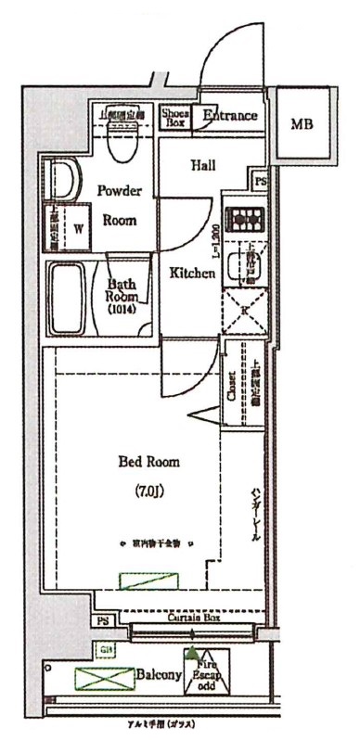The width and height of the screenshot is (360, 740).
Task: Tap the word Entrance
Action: pyautogui.click(x=229, y=116)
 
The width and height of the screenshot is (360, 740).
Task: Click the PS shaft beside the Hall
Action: pyautogui.click(x=261, y=182)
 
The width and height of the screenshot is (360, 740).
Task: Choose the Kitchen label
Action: pyautogui.click(x=192, y=274)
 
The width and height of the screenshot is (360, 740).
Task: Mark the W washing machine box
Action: pyautogui.click(x=78, y=227)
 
